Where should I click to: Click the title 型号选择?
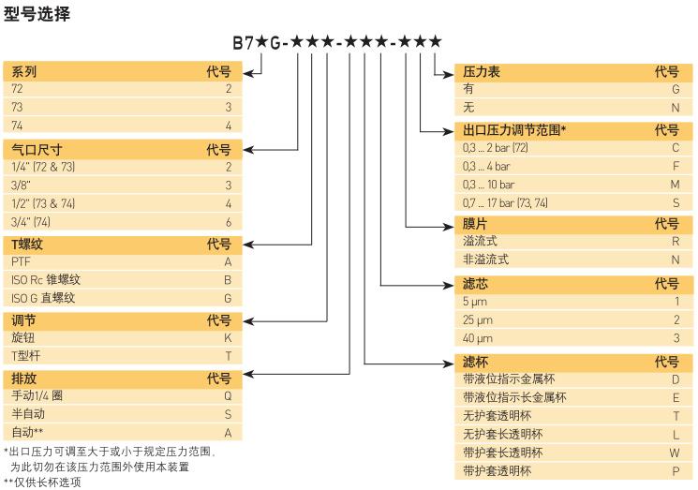coord(37,14)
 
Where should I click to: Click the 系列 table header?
coord(24,71)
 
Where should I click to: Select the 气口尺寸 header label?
coord(37,149)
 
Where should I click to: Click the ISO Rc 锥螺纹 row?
coord(46,279)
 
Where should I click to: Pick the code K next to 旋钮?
coord(227,337)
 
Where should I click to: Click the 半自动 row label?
coord(28,413)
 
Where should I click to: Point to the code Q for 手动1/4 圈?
coord(227,395)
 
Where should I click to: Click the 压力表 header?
coord(482,71)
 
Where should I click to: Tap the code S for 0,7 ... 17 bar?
coord(675,202)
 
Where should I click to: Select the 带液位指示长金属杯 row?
coord(514,397)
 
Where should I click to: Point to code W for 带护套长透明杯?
coord(675,452)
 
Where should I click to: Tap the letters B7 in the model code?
coord(243,42)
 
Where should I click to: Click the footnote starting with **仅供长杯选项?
coord(42,482)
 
